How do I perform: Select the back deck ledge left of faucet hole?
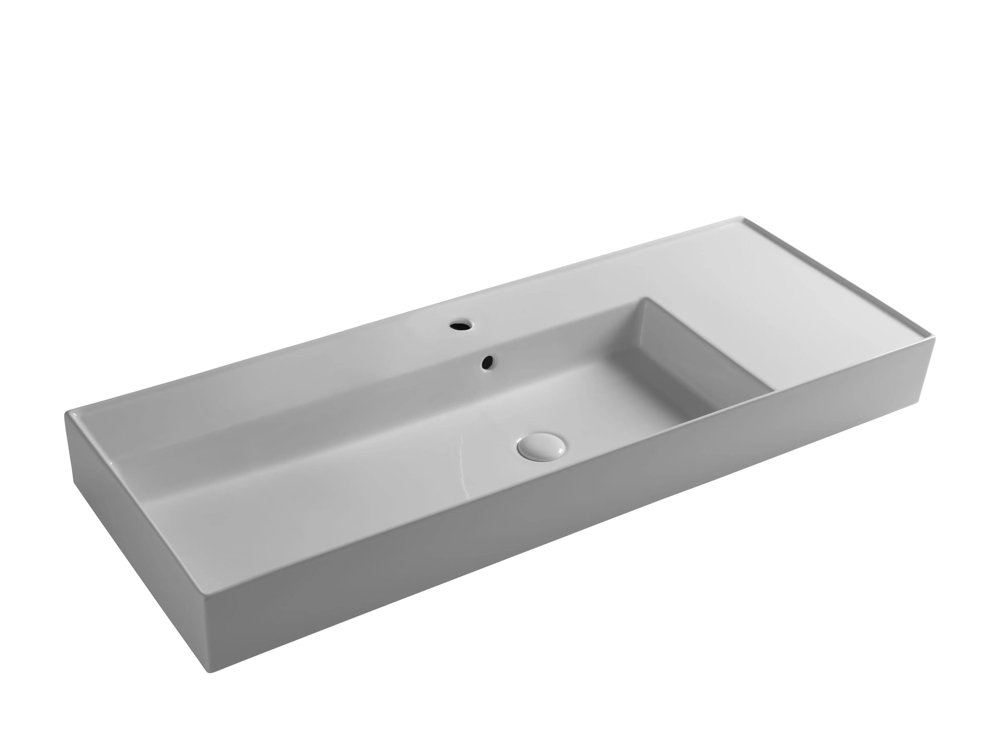[314, 359]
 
